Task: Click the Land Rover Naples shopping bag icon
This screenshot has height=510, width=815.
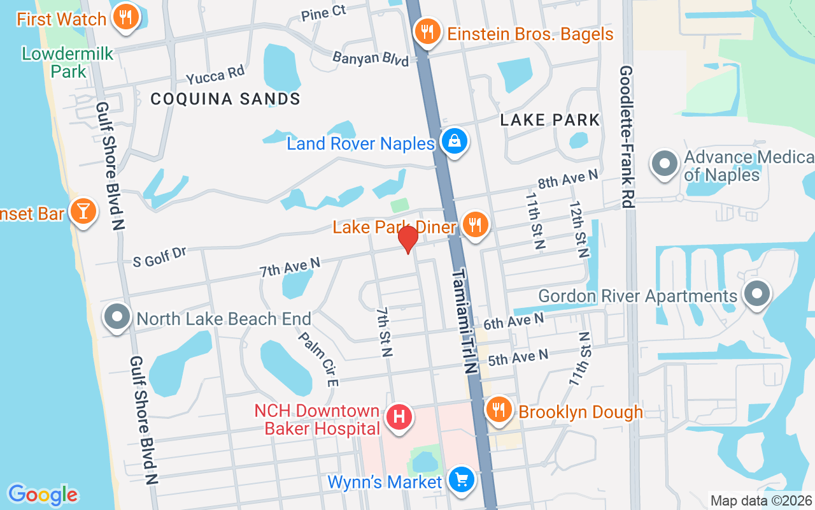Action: click(455, 142)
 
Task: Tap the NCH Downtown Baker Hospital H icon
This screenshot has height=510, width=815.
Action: click(399, 418)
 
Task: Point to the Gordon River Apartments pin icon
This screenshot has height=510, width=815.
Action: click(757, 295)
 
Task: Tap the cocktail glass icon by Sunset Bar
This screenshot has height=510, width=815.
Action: click(83, 211)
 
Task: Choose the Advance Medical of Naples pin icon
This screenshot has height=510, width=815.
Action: click(665, 163)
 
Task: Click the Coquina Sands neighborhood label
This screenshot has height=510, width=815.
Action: click(225, 99)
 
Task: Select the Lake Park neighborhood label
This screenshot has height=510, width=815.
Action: click(550, 120)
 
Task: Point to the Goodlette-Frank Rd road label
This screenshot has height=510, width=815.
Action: click(627, 136)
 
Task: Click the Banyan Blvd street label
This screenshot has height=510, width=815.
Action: click(371, 58)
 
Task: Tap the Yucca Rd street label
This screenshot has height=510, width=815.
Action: click(215, 76)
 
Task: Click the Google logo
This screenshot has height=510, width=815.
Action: click(43, 495)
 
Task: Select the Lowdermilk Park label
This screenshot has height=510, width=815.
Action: click(67, 62)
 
